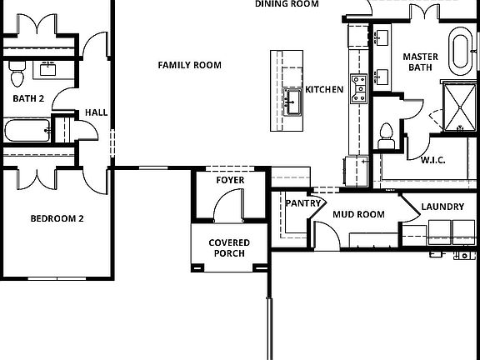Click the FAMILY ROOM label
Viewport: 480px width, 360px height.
190,65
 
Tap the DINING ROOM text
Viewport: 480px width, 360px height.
287,4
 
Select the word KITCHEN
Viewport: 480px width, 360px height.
324,90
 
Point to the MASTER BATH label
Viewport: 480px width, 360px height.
421,62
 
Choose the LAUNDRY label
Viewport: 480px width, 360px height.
442,207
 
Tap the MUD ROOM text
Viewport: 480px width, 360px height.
358,214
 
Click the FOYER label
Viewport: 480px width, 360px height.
230,180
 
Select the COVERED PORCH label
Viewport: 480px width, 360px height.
229,248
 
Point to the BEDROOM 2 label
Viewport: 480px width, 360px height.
57,219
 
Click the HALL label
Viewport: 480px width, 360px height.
97,113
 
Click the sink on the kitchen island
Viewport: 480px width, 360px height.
292,102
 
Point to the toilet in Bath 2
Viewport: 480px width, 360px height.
17,76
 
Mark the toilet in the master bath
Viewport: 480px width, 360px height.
385,135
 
